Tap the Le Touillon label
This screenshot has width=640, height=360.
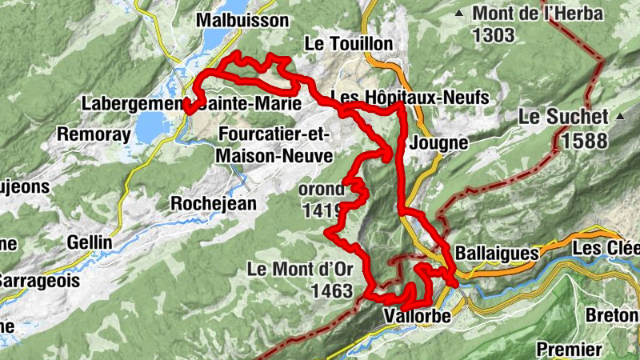click(350, 42)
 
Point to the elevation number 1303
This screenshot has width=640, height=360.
click(494, 35)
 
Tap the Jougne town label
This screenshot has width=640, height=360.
click(437, 143)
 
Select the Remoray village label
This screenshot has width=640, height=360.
click(94, 134)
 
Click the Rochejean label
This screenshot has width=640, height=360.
click(214, 204)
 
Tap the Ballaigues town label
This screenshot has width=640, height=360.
click(496, 253)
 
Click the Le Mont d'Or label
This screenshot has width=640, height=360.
click(300, 269)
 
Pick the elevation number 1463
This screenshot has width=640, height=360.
click(329, 291)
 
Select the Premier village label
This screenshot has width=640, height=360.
click(569, 349)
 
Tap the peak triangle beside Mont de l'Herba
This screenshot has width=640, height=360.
click(458, 14)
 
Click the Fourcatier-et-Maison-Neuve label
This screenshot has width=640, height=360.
click(274, 144)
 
